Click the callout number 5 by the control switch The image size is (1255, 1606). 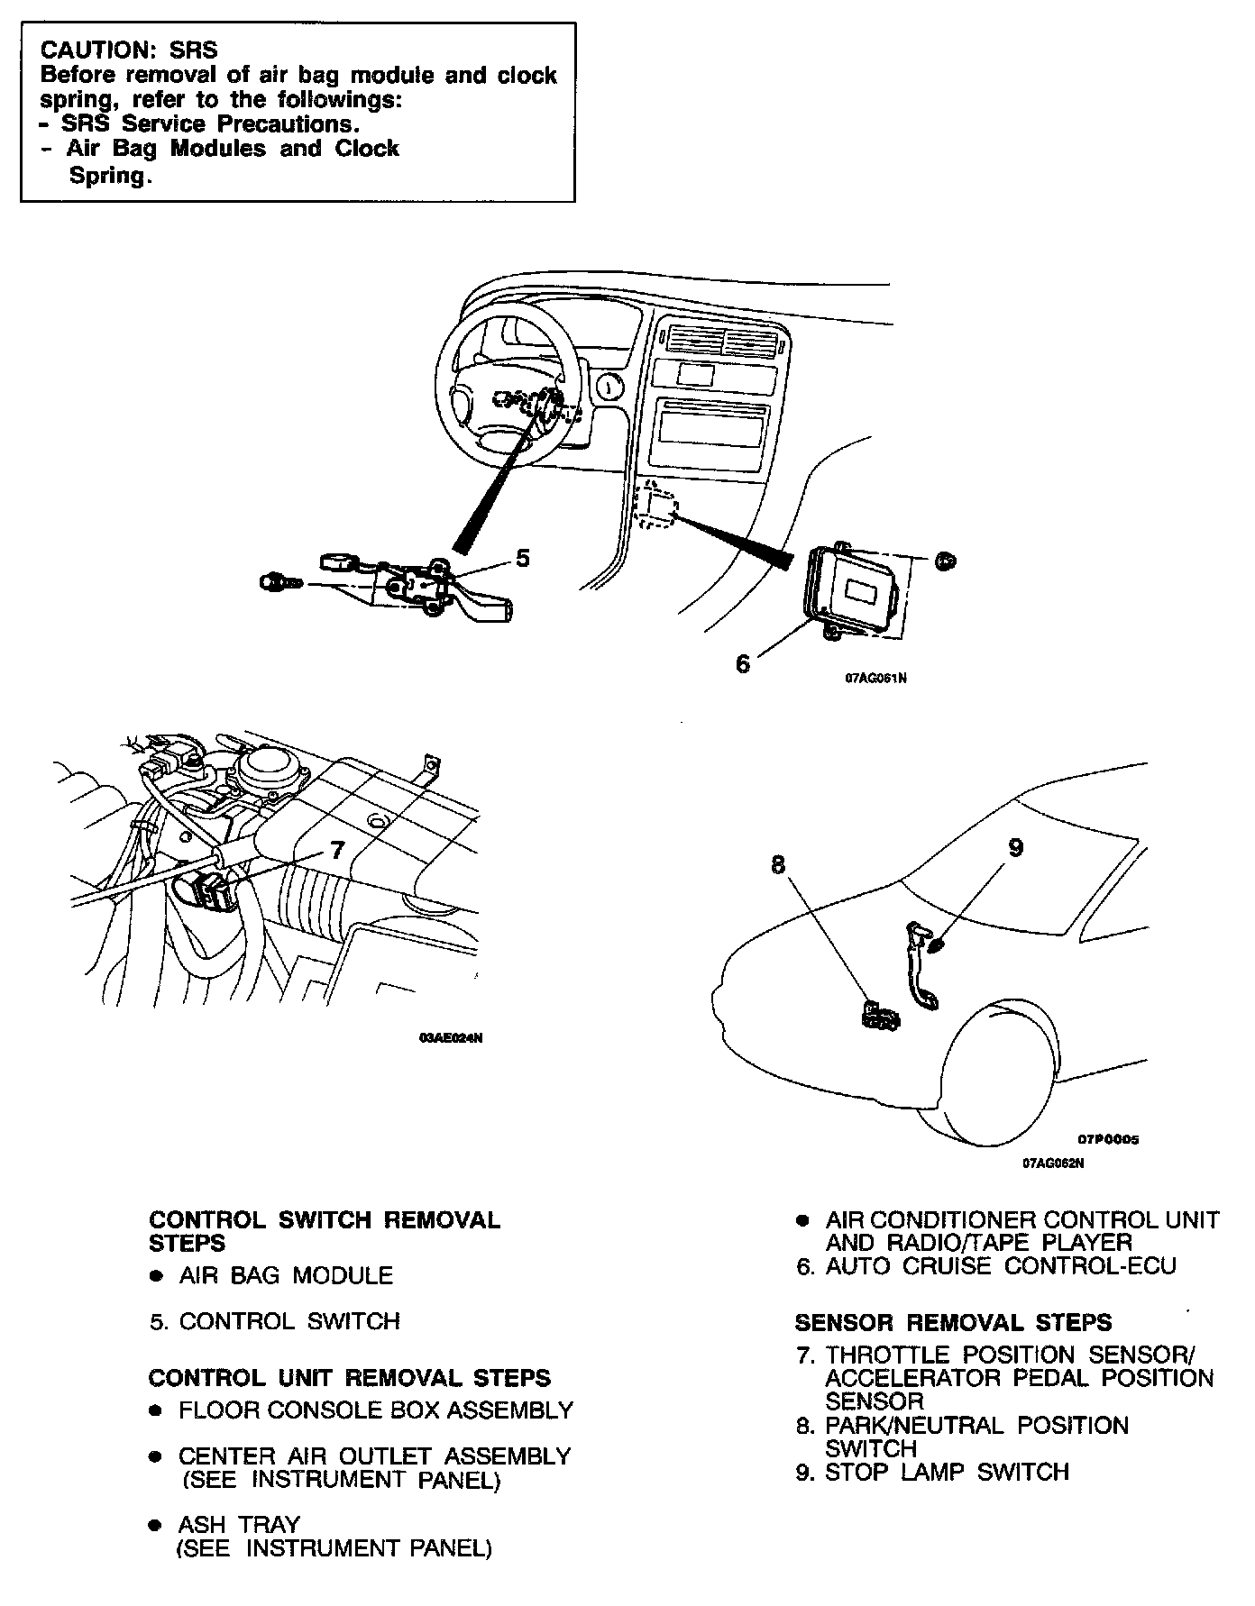click(x=522, y=559)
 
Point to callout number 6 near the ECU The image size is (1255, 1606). click(x=742, y=663)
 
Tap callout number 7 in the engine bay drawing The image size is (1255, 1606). click(x=337, y=850)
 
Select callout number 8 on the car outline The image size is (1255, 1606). click(x=778, y=865)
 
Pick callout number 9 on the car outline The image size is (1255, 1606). click(x=1015, y=848)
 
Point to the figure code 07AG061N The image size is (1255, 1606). click(x=875, y=679)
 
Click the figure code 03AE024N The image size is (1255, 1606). click(x=451, y=1038)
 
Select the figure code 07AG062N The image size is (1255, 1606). click(x=1052, y=1163)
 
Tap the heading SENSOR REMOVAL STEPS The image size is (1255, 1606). click(x=953, y=1323)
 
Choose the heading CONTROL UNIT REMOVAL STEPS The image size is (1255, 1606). click(x=349, y=1378)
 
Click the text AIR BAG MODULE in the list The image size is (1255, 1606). click(x=286, y=1276)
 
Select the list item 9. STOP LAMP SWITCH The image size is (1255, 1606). click(x=932, y=1473)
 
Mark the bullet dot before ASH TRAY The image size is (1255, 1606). click(x=157, y=1525)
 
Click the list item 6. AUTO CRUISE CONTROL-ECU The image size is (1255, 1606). click(x=986, y=1266)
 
